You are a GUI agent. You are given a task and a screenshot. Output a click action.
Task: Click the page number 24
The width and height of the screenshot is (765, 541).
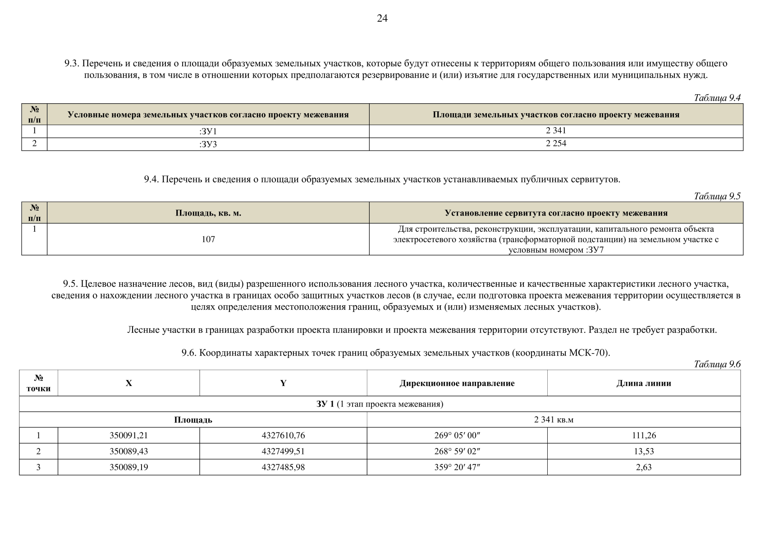pyautogui.click(x=382, y=18)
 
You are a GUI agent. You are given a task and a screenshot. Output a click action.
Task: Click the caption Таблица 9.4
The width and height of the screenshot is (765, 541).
pyautogui.click(x=717, y=98)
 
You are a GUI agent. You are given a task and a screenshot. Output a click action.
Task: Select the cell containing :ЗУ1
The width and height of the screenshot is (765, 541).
pyautogui.click(x=208, y=131)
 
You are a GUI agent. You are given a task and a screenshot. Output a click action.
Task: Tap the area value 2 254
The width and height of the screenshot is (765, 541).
pyautogui.click(x=556, y=143)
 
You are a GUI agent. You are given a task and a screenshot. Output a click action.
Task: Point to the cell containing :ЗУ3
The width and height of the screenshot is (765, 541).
pyautogui.click(x=208, y=144)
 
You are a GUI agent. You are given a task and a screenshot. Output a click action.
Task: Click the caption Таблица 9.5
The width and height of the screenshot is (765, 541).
pyautogui.click(x=717, y=196)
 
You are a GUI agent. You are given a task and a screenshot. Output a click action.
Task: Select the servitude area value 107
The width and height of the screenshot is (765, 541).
pyautogui.click(x=208, y=239)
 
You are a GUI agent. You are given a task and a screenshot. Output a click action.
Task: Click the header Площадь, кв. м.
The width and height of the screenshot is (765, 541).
pyautogui.click(x=208, y=213)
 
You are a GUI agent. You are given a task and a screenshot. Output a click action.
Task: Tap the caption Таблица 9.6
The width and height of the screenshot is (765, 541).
pyautogui.click(x=717, y=364)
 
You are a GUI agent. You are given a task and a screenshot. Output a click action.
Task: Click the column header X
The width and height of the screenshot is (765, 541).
pyautogui.click(x=129, y=383)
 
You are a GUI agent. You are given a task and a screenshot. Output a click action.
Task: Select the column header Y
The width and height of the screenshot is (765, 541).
pyautogui.click(x=283, y=383)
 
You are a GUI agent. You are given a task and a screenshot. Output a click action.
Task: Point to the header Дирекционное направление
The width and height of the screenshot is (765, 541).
pyautogui.click(x=457, y=383)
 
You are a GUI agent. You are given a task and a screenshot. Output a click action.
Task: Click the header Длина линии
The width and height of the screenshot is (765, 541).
pyautogui.click(x=644, y=383)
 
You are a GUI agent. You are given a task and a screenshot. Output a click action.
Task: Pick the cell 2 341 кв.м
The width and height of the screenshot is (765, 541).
pyautogui.click(x=554, y=420)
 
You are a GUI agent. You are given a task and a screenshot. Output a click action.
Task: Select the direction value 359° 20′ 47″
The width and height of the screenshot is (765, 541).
pyautogui.click(x=457, y=467)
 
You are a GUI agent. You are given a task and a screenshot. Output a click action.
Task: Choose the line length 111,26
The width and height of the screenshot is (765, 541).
pyautogui.click(x=644, y=436)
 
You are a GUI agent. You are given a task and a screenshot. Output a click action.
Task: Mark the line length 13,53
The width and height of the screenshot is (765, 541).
pyautogui.click(x=644, y=451)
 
